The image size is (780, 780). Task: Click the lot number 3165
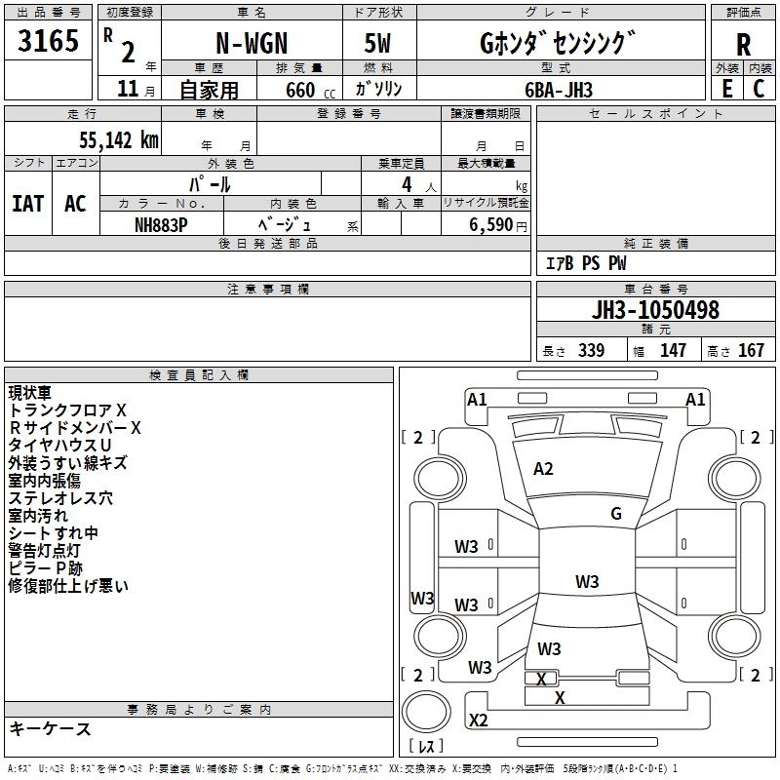49,43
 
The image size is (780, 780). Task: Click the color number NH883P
161,223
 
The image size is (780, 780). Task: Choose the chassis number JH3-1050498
655,310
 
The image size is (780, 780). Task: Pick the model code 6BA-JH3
559,89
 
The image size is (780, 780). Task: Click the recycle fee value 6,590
491,224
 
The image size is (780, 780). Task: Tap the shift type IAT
27,204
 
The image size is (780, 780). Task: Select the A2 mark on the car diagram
543,469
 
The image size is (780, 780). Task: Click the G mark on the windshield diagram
615,514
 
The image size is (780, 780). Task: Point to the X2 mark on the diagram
478,721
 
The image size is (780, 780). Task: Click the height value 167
751,351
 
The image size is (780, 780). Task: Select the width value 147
673,351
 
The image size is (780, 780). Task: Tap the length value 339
590,351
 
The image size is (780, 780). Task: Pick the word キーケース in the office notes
50,728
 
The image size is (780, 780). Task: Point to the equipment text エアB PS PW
585,263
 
